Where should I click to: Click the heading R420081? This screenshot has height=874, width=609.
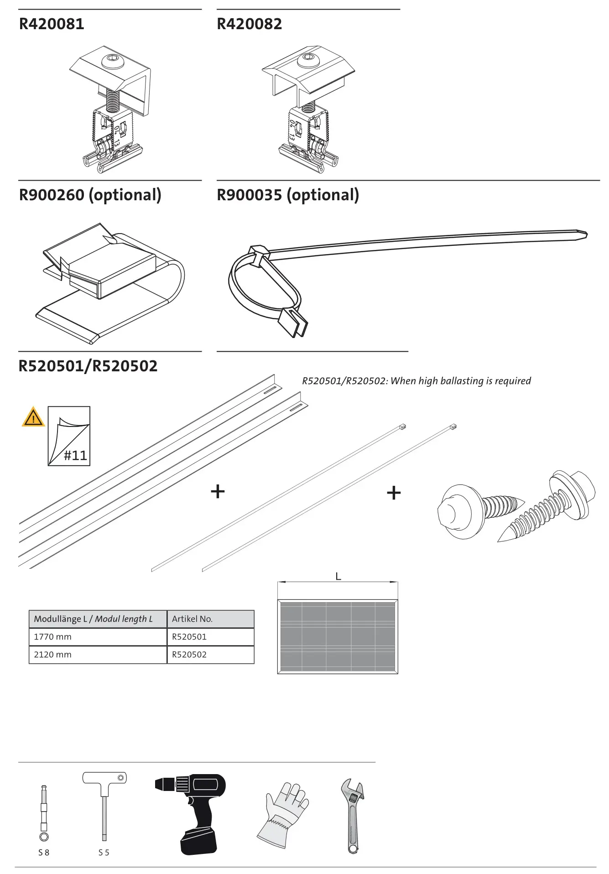[x=52, y=24]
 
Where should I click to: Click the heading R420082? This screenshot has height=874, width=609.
[x=249, y=24]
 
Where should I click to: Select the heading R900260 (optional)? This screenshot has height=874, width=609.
[x=90, y=195]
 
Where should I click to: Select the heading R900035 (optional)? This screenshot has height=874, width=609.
[x=287, y=195]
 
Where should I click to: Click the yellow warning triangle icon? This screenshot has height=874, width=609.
[x=33, y=417]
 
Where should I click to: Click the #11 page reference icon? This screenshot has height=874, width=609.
[x=69, y=436]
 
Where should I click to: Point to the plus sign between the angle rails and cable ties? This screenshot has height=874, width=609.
[x=218, y=491]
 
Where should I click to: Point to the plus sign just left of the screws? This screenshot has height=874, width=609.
[x=394, y=493]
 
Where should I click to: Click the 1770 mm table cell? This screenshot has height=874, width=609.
[x=52, y=637]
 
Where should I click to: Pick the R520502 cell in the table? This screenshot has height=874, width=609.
[x=189, y=655]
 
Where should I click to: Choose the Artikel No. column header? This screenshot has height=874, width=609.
[x=192, y=619]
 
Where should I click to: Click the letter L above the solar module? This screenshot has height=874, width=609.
[x=338, y=577]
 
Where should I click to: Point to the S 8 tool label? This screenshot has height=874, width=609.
[x=44, y=853]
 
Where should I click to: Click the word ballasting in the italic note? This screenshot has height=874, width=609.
[x=462, y=381]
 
